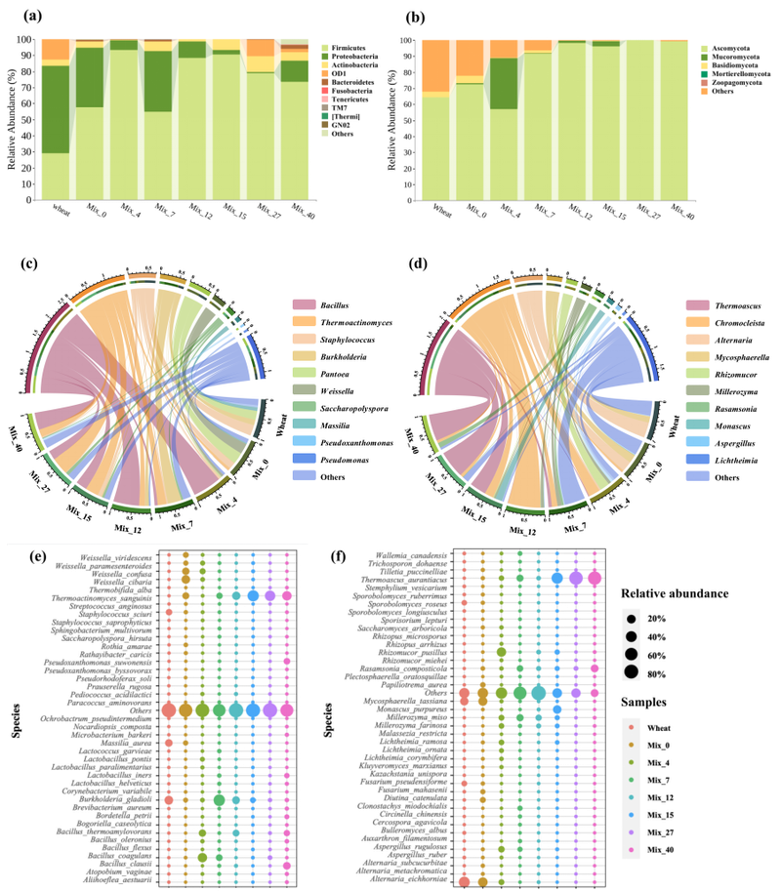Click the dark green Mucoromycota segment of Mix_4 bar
click(503, 84)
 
